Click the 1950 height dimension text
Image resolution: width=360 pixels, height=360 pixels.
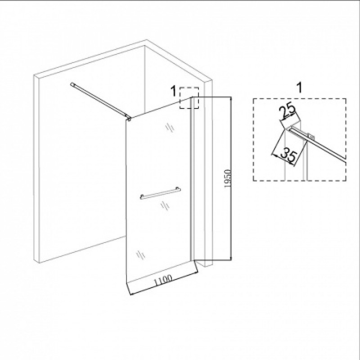click(228, 179)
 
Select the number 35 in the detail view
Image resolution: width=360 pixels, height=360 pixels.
click(288, 154)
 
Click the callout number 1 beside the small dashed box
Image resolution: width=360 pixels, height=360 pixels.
click(174, 91)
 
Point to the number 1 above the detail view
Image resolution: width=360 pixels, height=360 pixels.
click(300, 88)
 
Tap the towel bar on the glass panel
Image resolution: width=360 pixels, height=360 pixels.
click(160, 193)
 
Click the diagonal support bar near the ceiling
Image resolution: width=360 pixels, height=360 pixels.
click(100, 100)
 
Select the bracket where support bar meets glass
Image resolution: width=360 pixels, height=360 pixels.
click(129, 118)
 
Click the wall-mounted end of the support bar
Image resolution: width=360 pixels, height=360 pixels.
click(72, 85)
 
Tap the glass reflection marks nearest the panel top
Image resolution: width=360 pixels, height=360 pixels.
click(170, 127)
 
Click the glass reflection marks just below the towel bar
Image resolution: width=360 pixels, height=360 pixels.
click(165, 205)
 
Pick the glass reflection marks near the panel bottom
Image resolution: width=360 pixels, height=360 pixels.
click(141, 254)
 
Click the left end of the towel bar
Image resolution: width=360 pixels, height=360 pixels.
click(142, 197)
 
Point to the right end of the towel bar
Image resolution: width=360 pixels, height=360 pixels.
click(179, 189)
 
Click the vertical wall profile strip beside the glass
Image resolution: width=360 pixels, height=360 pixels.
click(192, 179)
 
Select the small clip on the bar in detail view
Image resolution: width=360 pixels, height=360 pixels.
click(310, 137)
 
